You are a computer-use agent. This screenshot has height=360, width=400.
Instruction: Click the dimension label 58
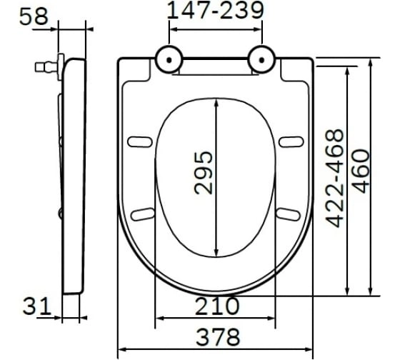[x=34, y=17]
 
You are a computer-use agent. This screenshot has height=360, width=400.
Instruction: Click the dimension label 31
[x=37, y=306]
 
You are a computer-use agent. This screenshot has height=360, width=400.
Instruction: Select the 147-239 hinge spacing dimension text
[x=216, y=11]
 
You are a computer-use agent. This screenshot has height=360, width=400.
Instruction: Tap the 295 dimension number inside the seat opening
[x=204, y=173]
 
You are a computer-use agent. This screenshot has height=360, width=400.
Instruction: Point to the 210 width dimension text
[x=217, y=306]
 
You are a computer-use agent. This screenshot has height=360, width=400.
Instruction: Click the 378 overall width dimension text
[x=218, y=337]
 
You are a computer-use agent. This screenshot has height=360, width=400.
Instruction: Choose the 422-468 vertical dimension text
[x=335, y=178]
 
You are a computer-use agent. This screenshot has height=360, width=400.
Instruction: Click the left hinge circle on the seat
[x=169, y=59]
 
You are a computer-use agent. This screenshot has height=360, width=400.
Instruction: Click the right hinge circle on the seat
[x=261, y=59]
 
